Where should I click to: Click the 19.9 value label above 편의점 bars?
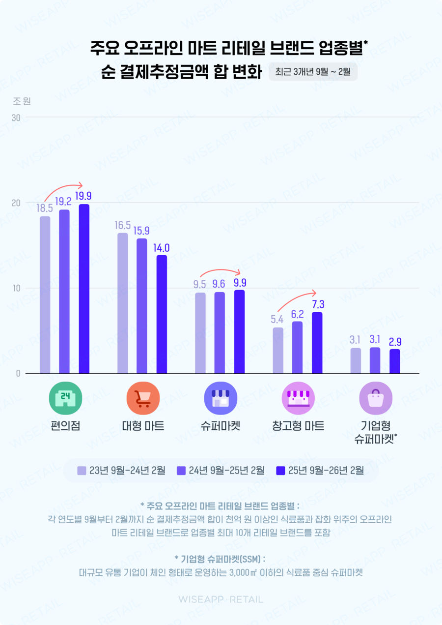pyautogui.click(x=84, y=196)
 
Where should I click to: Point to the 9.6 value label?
pyautogui.click(x=220, y=284)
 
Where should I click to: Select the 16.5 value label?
pyautogui.click(x=123, y=225)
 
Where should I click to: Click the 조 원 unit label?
pyautogui.click(x=22, y=101)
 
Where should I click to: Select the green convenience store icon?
pyautogui.click(x=65, y=398)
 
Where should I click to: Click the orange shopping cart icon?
pyautogui.click(x=142, y=398)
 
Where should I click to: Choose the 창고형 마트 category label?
pyautogui.click(x=298, y=426)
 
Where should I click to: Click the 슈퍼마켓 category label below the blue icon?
pyautogui.click(x=220, y=426)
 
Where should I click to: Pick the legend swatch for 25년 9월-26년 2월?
pyautogui.click(x=281, y=471)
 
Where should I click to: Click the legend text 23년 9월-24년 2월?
pyautogui.click(x=127, y=471)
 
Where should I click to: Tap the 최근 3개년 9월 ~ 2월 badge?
pyautogui.click(x=313, y=72)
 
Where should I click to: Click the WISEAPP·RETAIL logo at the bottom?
pyautogui.click(x=221, y=599)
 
